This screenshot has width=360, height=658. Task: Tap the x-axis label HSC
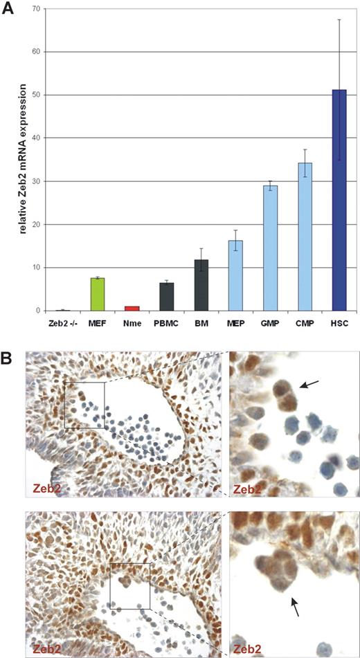click(339, 323)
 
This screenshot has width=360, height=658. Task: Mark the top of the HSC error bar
click(339, 19)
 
